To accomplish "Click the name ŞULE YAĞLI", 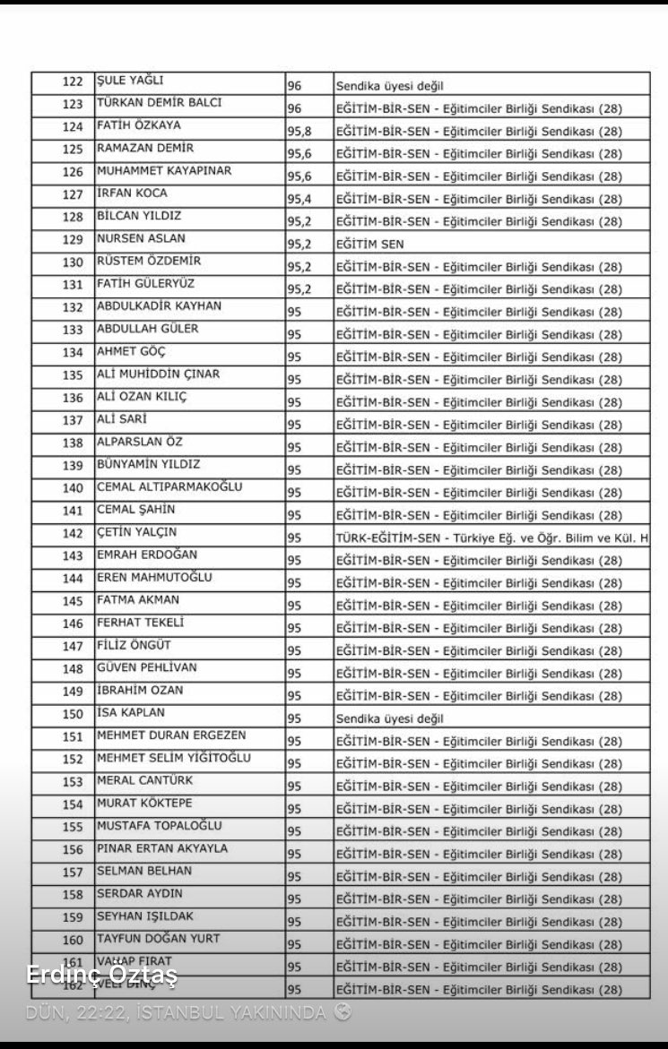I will click(130, 81).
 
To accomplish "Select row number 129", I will click(73, 240).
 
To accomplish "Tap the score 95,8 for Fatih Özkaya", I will click(299, 132).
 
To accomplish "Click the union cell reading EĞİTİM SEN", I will click(369, 244).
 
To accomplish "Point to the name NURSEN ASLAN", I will click(141, 239).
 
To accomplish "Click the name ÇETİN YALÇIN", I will click(137, 532).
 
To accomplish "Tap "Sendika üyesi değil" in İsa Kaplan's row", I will click(390, 718).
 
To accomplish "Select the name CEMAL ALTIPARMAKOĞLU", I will click(169, 487).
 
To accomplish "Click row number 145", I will click(73, 601).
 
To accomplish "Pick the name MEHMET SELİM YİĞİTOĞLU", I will click(174, 758).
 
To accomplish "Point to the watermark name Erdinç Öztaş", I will click(102, 975).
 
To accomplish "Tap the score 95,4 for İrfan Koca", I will click(299, 199).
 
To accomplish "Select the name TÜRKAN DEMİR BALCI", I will click(159, 103).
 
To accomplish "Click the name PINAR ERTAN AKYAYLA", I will click(162, 848).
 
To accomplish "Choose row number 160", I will click(73, 940).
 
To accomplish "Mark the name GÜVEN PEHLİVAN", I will click(147, 667).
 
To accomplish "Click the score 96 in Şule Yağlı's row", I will click(295, 87).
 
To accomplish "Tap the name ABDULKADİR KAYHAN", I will click(159, 306).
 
